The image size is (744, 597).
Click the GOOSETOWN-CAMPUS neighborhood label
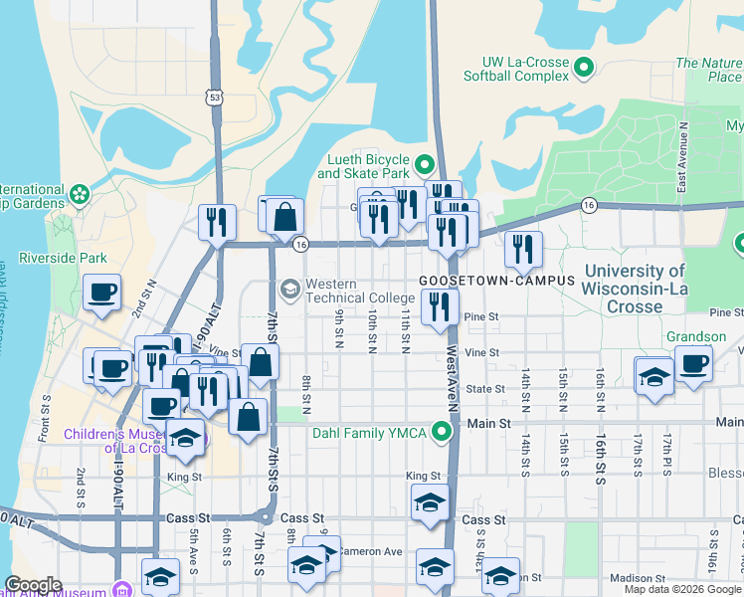(x=496, y=281)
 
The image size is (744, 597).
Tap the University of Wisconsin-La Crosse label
(x=635, y=289)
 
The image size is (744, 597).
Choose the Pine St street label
(x=480, y=316)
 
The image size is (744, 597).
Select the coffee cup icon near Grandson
(x=693, y=363)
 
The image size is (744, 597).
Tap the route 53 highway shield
(x=214, y=97)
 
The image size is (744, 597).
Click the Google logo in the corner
(x=34, y=585)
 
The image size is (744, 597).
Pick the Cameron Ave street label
(x=369, y=551)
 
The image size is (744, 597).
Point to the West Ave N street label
(x=451, y=380)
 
